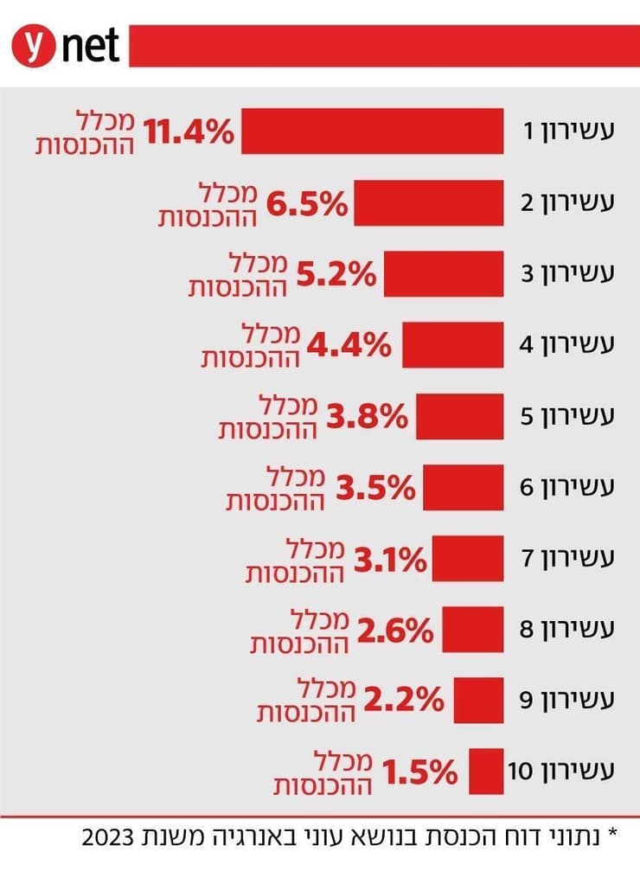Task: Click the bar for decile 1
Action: [x=372, y=131]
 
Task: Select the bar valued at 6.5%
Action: [x=428, y=203]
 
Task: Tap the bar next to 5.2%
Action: [x=444, y=274]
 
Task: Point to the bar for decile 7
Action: [x=468, y=559]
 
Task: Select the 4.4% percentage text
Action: [x=349, y=346]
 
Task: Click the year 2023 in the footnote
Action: [x=107, y=838]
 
